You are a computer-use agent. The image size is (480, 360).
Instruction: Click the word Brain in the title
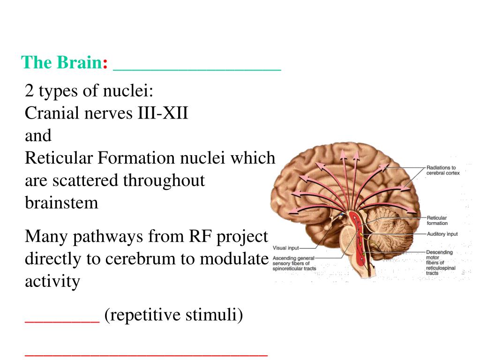80,62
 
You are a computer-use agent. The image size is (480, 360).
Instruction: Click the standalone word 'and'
38,135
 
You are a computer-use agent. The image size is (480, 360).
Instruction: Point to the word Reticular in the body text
59,158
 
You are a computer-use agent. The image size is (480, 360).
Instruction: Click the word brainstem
61,203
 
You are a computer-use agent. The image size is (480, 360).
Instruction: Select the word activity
52,282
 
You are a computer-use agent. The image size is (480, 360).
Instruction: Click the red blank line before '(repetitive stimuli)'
62,321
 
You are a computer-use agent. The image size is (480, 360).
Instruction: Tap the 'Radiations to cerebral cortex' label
443,170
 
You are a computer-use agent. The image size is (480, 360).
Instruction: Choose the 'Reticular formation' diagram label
437,220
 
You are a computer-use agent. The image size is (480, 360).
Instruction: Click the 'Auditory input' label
442,234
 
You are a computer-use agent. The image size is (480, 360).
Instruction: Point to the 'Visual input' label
285,248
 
